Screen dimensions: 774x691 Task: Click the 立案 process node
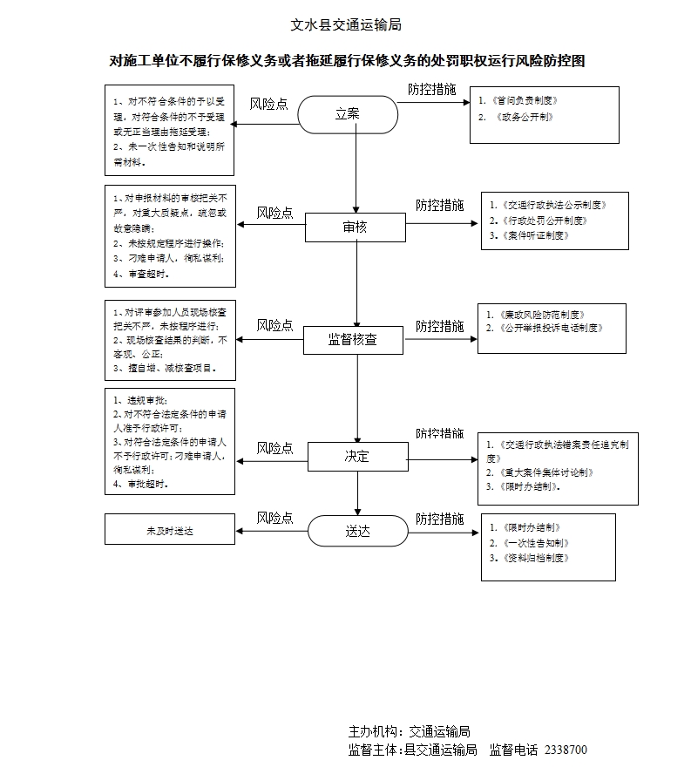[x=348, y=114]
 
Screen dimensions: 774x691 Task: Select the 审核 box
[x=355, y=227]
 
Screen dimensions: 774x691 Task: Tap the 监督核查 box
[x=353, y=340]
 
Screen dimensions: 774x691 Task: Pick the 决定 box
[x=357, y=456]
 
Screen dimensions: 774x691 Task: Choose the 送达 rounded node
[x=357, y=529]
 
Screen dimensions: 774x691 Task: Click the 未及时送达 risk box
[x=170, y=530]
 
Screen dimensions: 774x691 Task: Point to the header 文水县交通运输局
[x=345, y=25]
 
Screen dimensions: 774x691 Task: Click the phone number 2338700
[x=566, y=750]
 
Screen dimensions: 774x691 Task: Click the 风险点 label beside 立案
[x=269, y=104]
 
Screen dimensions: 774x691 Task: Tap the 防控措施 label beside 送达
[x=439, y=519]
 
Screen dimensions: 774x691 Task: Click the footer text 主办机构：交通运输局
[x=410, y=732]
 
